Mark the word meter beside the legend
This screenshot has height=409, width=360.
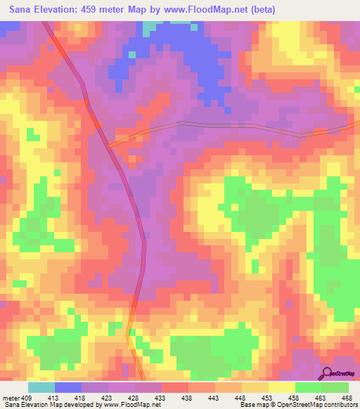pos(10,398)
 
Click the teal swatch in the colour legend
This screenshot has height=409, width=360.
pos(41,387)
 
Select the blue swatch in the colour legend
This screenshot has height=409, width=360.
pos(68,387)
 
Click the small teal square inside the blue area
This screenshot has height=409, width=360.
pos(131,54)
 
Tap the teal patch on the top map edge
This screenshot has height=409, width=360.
pos(150,27)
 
